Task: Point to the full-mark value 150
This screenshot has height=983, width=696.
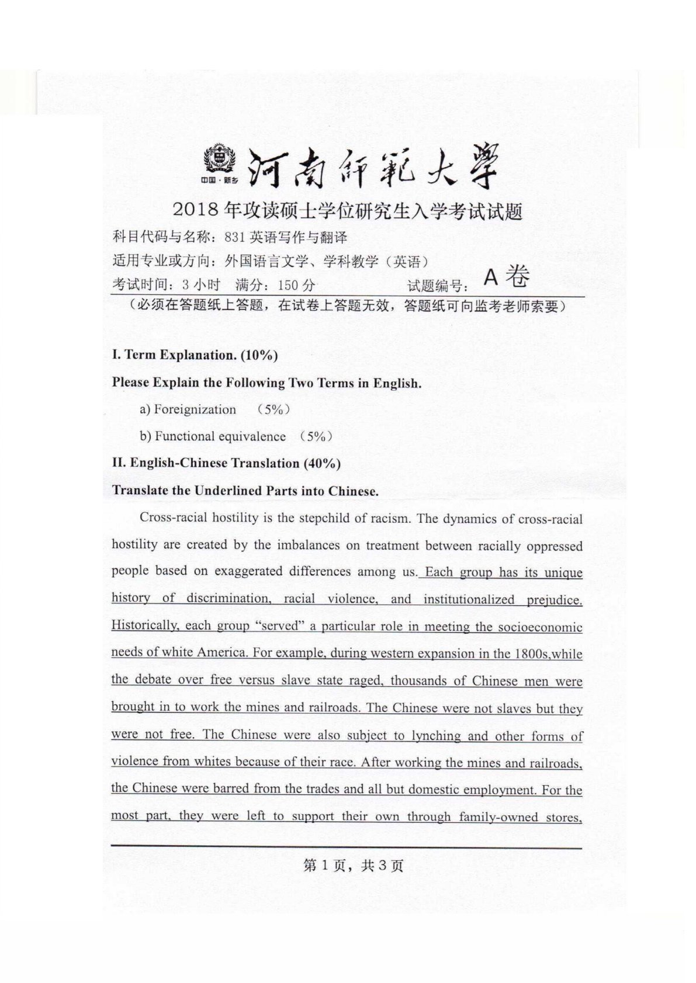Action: [288, 285]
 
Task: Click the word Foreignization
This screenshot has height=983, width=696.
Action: [195, 409]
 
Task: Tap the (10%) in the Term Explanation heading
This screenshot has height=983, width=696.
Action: [259, 355]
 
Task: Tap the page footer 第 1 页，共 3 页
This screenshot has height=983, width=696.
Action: [354, 865]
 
